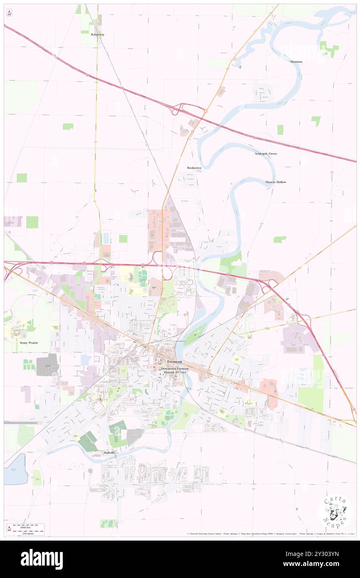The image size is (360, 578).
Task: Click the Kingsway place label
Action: click(98, 35)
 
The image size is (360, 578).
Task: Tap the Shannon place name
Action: click(296, 62)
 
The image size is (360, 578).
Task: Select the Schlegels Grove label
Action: click(266, 153)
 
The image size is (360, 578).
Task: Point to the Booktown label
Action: click(194, 168)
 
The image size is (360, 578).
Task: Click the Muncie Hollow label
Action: click(276, 182)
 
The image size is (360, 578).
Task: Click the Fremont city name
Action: click(175, 362)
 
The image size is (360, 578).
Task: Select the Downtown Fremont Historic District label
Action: click(175, 371)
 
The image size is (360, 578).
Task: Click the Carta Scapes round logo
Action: click(335, 511)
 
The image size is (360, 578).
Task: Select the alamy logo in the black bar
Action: click(42, 559)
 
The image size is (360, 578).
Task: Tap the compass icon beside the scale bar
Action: click(9, 529)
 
